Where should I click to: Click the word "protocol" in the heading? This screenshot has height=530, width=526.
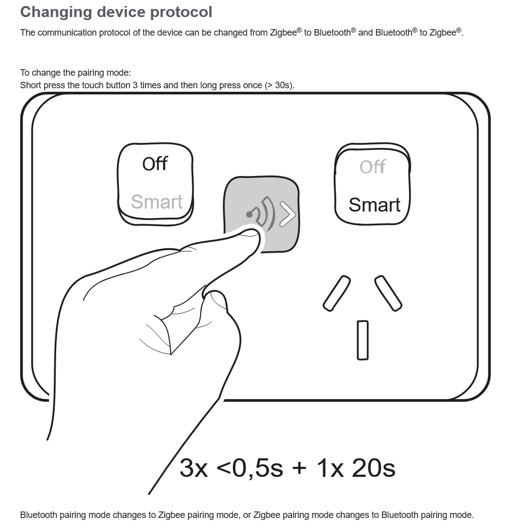pos(181,13)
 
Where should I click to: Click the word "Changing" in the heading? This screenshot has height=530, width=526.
pos(56,13)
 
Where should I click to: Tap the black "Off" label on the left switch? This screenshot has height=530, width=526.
pos(155,164)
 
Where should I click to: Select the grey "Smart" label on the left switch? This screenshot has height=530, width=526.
pos(157,202)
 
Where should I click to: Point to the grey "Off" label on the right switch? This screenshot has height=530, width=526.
pos(372,166)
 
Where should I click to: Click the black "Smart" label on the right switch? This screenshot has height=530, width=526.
pos(374,205)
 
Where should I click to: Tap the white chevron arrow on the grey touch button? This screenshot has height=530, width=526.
pos(288,214)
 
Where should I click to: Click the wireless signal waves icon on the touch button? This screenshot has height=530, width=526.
pos(261,214)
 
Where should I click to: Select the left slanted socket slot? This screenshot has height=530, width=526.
pos(337,293)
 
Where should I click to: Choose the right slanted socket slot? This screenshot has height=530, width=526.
pos(388,293)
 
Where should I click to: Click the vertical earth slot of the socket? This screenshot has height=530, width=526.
pos(362,340)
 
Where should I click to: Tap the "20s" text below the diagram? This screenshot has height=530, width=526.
pos(373,468)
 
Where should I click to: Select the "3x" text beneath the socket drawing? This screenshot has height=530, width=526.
pos(194,468)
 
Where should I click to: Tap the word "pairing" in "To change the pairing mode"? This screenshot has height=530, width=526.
pos(91,73)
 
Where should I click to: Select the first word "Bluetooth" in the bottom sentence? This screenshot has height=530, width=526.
pos(39,515)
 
